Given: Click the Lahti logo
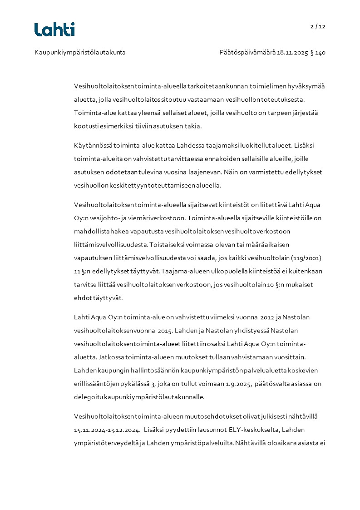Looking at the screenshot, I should (54, 30).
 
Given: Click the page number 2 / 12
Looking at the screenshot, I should (318, 26).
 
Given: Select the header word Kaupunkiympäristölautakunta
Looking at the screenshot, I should (80, 53).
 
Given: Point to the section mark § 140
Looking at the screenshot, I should (318, 53).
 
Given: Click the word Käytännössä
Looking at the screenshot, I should (92, 146).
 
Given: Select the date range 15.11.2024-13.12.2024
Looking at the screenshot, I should (107, 429).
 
